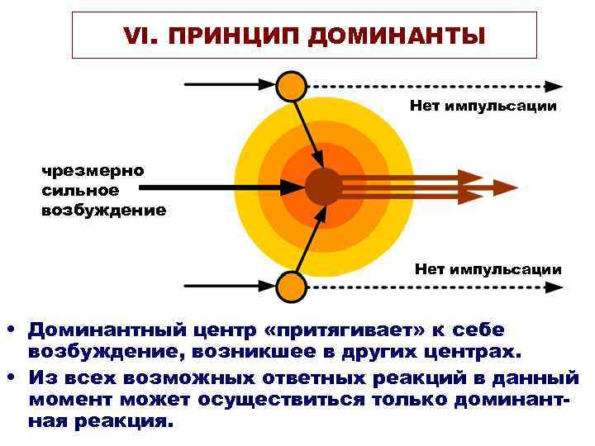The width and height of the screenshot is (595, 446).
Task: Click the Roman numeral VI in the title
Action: [x=132, y=36]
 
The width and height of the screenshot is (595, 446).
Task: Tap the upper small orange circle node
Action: [x=290, y=85]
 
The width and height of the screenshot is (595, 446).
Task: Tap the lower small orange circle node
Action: [x=290, y=287]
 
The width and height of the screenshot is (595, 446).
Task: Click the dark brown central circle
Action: [x=322, y=187]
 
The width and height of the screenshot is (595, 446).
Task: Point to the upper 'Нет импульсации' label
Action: [x=483, y=107]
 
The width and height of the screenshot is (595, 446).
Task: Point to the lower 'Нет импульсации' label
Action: [x=488, y=269]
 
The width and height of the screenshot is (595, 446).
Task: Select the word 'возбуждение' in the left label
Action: [x=104, y=210]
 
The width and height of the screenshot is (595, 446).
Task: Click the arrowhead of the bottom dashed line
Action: [x=555, y=287]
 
